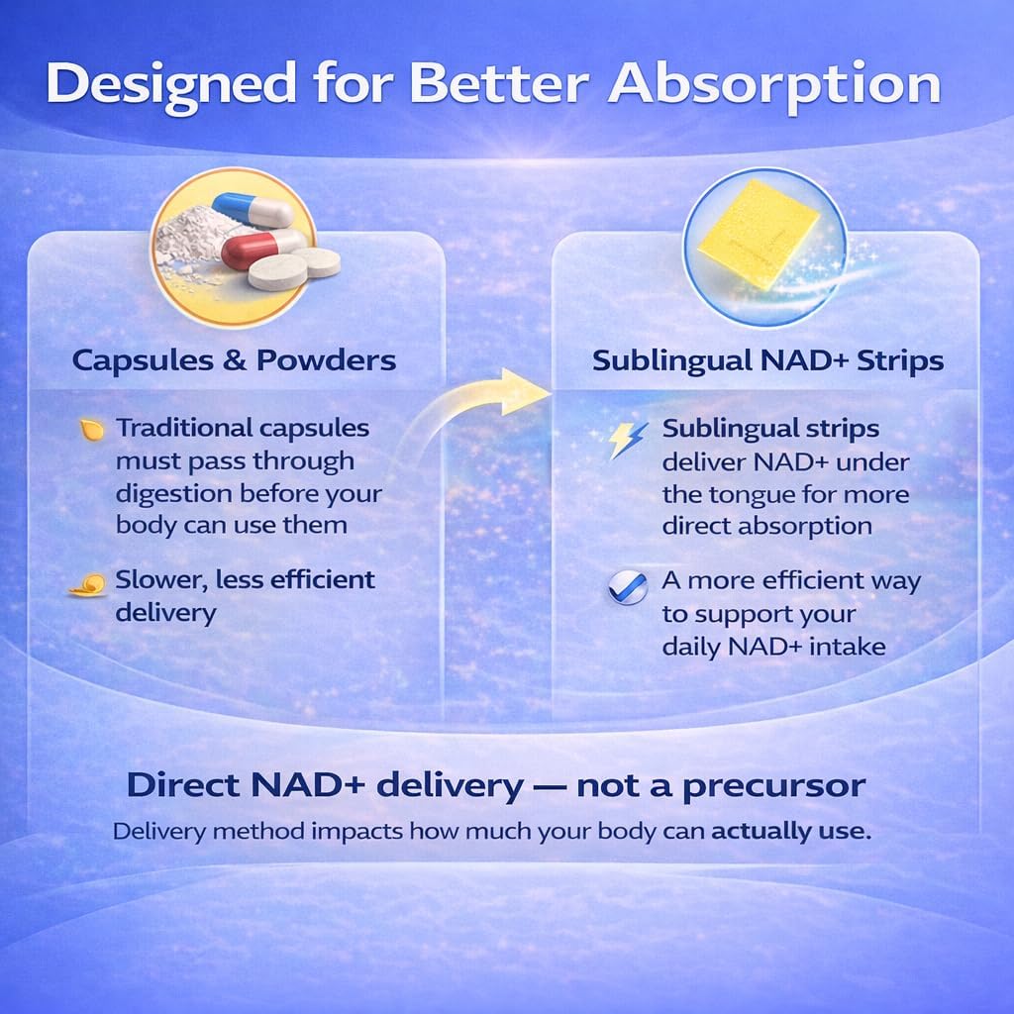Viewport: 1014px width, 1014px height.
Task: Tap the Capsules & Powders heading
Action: (234, 359)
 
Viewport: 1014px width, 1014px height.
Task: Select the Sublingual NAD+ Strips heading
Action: (767, 360)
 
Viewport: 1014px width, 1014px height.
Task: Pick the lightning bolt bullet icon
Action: (627, 439)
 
